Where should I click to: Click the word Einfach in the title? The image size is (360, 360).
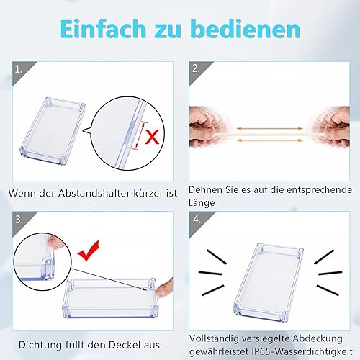(103, 29)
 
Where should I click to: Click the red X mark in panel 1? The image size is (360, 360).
(152, 136)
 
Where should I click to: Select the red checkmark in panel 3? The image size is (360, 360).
(89, 251)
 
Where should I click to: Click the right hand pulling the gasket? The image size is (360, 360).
(330, 127)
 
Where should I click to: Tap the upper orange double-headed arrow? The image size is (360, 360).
(270, 129)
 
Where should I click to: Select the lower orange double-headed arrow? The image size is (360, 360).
(270, 140)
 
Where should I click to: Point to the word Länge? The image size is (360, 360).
(202, 203)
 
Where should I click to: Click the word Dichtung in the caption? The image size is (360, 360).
(40, 345)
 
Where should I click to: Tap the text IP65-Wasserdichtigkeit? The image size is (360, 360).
(302, 351)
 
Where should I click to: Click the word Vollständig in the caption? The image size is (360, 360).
(214, 338)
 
